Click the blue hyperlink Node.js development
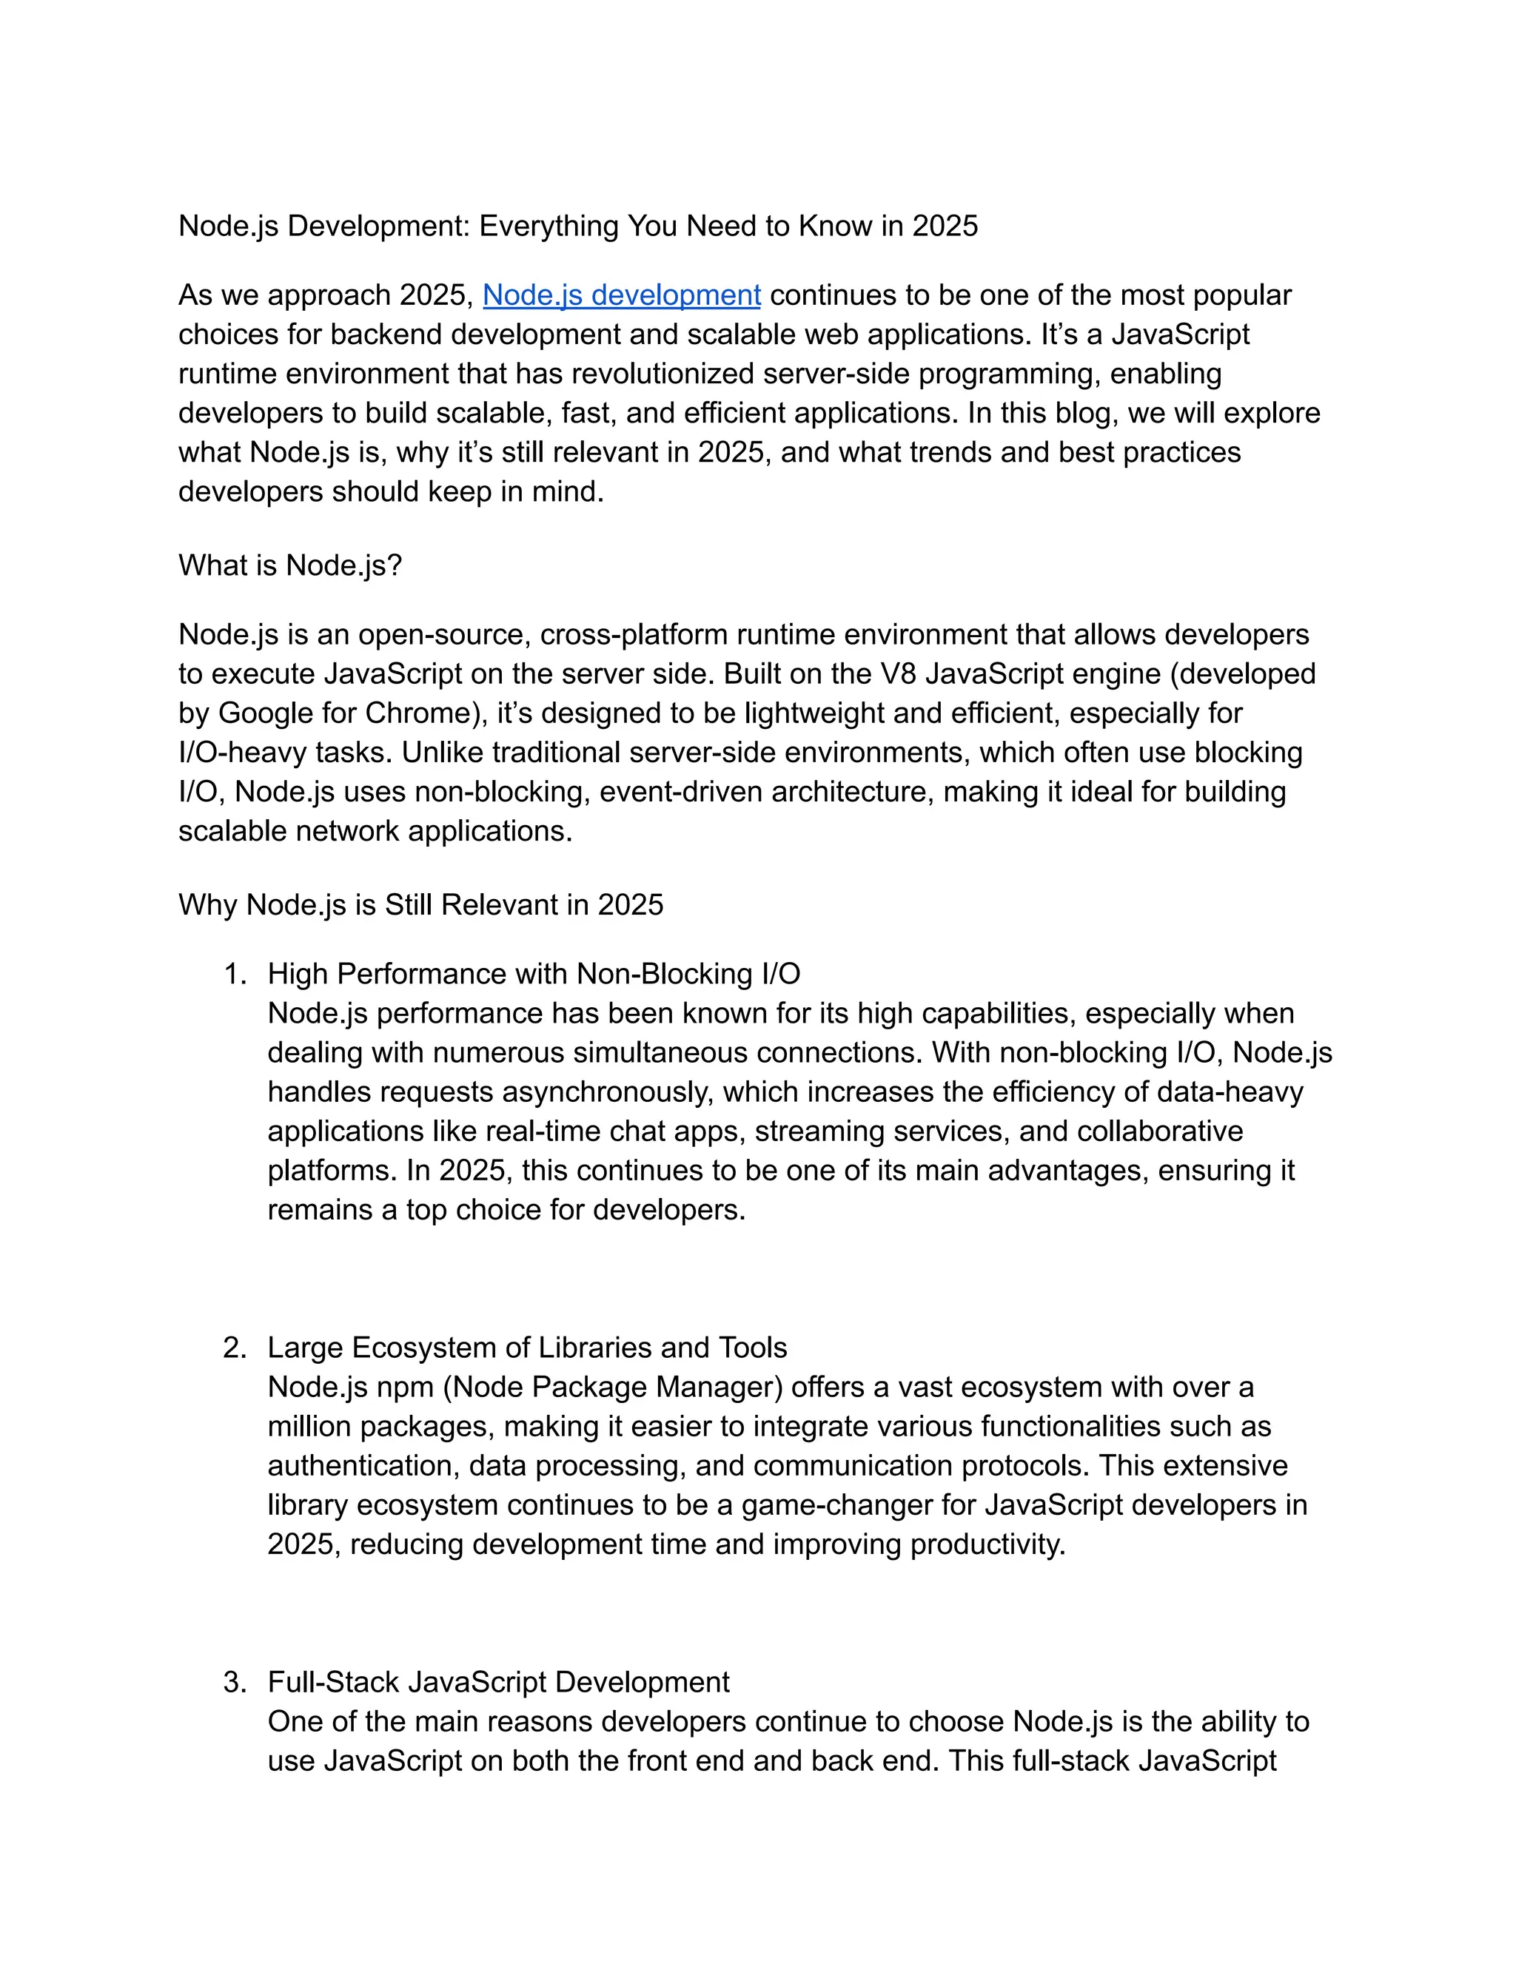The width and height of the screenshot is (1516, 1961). (x=622, y=295)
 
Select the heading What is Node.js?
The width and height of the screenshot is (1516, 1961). (x=290, y=565)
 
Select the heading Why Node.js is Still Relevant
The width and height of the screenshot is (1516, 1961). (x=420, y=904)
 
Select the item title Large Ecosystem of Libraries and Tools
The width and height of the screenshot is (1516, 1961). (x=527, y=1348)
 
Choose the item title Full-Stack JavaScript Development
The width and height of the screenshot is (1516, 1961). (x=498, y=1682)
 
